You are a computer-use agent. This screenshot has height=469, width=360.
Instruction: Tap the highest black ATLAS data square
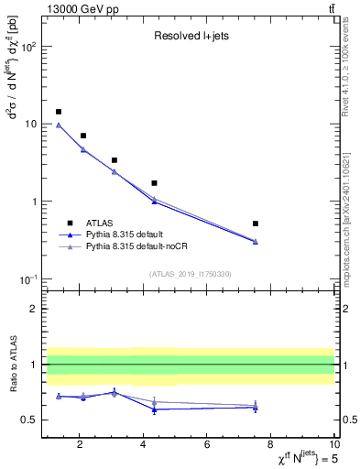59,112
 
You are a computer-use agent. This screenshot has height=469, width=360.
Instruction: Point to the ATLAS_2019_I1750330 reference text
190,274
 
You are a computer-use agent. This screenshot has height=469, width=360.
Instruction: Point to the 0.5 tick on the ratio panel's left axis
28,420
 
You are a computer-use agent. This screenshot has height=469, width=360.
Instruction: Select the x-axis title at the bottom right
297,457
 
